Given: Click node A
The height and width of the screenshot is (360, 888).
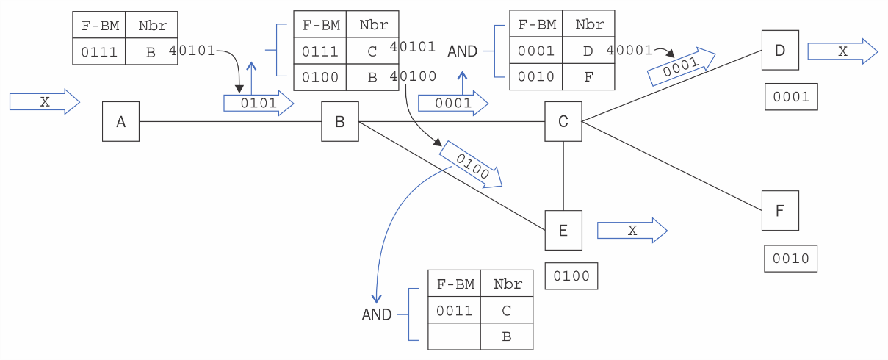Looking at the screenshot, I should pos(120,122).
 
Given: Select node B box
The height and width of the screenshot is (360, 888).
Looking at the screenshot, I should pos(339,122).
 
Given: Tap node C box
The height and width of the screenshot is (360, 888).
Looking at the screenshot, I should pos(563,122).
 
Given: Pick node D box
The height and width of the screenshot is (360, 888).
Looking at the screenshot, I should pos(780,50).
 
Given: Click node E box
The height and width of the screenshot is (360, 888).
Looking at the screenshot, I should pos(563,231).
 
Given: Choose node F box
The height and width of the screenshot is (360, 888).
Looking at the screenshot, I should pos(780,211).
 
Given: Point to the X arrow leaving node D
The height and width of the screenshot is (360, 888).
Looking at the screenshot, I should pos(842,51).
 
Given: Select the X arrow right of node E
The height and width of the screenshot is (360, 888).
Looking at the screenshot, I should pos(632,231).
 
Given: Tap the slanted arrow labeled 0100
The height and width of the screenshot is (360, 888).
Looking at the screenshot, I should pos(471,165).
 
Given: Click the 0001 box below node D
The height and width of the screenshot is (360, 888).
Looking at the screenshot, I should pos(791,97).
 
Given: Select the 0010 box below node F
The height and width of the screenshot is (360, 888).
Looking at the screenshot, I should pos(791,259).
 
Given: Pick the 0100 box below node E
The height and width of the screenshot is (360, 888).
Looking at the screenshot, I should pos(571,276).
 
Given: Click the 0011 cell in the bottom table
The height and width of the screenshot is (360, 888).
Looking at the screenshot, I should pos(454,311).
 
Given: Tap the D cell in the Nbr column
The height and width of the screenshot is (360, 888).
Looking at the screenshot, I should pos(588,51).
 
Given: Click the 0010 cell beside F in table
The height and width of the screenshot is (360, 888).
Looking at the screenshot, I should pos(535,76).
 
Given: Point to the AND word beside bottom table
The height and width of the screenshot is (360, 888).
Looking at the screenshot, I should pos(377,314).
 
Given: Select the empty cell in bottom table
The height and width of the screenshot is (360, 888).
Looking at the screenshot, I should pos(454,336).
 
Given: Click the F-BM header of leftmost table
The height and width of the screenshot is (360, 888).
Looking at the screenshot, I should pos(99,26).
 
